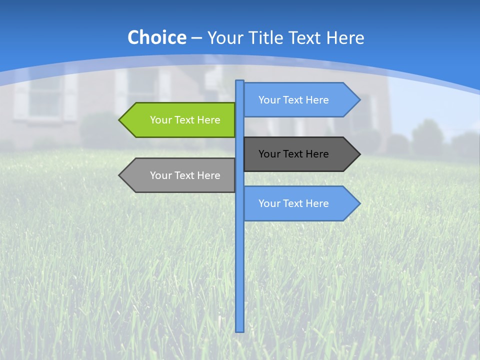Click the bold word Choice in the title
(156, 37)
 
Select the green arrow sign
(180, 120)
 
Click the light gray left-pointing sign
(180, 175)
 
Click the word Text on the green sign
(186, 120)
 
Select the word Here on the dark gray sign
(316, 154)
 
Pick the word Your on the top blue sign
(269, 100)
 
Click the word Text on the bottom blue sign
(294, 203)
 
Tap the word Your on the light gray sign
(161, 175)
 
